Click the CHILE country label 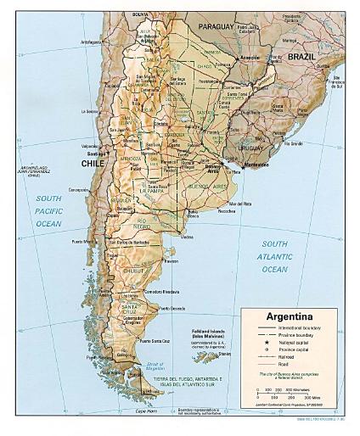[93, 163]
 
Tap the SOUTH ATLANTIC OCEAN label [275, 257]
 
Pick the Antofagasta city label [96, 40]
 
